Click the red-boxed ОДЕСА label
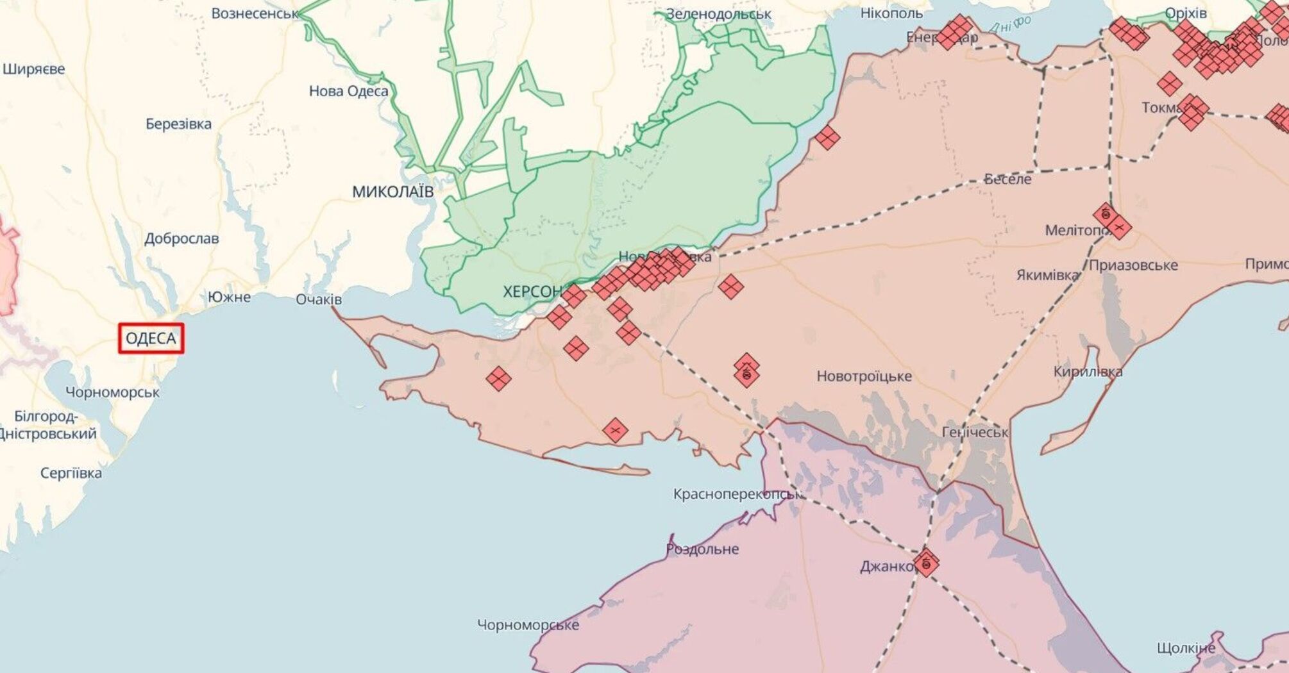pos(151,338)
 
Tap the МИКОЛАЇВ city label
pos(392,192)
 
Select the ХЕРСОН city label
pos(532,292)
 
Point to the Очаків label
pos(319,299)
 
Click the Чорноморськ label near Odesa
pos(112,392)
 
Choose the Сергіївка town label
pos(71,474)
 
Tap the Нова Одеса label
pos(348,91)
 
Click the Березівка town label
pos(178,124)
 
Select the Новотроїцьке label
pos(864,376)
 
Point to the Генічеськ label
pos(974,433)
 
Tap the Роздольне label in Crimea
pos(702,549)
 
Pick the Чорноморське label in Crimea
pos(528,625)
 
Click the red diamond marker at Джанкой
pos(926,563)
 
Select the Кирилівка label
pos(1088,372)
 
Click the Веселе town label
pos(1007,179)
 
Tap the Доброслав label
pos(181,239)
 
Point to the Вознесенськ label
pos(255,13)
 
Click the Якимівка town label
pos(1047,275)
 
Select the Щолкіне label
pos(1186,648)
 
